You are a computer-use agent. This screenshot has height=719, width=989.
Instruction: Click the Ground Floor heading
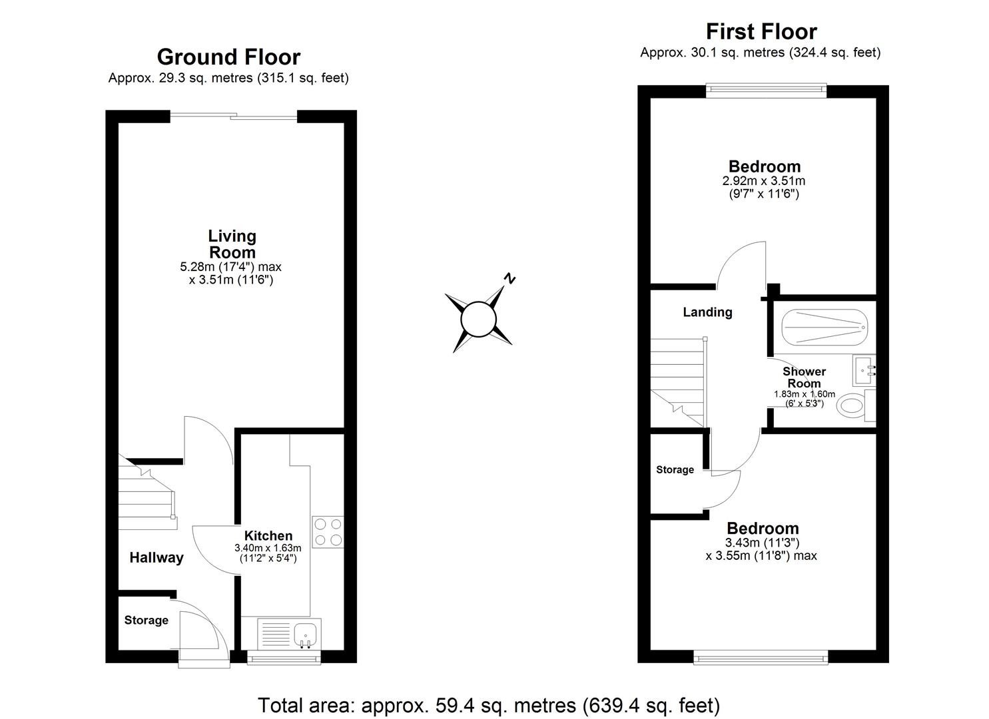[228, 57]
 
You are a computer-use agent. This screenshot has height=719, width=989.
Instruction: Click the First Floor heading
[761, 31]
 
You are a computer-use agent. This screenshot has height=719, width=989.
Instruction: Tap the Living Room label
[232, 244]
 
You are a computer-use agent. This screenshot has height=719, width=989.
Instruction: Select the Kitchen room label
[268, 536]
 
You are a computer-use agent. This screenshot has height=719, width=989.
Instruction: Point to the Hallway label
[156, 558]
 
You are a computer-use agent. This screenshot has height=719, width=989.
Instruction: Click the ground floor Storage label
[146, 620]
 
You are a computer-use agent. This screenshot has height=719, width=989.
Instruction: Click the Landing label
[707, 312]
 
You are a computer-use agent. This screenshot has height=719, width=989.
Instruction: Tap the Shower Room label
[804, 377]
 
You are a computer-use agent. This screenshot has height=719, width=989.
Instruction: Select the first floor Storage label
[675, 470]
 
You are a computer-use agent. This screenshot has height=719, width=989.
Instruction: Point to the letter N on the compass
[509, 279]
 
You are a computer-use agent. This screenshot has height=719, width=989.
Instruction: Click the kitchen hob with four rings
[328, 532]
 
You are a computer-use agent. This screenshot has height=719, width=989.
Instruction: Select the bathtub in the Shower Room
[824, 327]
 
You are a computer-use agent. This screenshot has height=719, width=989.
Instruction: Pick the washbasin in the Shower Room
[864, 370]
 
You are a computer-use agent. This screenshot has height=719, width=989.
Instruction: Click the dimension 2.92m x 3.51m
[763, 181]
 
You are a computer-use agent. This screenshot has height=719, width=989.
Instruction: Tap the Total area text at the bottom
[488, 705]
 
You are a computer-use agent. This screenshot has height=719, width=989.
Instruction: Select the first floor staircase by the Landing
[677, 379]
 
